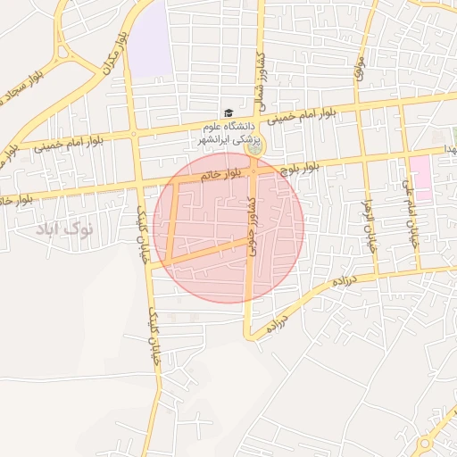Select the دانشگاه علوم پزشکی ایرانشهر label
coord(227,132)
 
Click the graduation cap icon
coord(228,113)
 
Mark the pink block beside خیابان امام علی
coord(420,177)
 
